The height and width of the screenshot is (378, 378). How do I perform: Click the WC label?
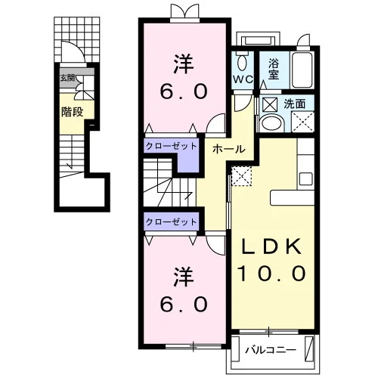coord(243,79)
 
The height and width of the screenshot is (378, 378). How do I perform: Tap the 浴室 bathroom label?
coord(274,69)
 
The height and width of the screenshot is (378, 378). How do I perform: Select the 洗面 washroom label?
coord(295,104)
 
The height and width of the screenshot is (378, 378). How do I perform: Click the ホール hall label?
coord(229,149)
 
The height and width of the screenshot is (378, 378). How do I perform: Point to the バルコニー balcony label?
coord(271,350)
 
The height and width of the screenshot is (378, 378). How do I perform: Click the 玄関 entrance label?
coord(67,78)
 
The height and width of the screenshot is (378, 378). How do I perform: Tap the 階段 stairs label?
coord(73,112)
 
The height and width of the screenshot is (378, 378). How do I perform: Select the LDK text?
coord(272,246)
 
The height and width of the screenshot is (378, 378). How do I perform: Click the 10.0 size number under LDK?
coord(272,274)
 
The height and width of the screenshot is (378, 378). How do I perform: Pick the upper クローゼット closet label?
coord(172,146)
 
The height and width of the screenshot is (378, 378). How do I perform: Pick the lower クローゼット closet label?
coord(172,222)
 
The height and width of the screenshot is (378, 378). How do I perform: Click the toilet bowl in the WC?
coord(243,61)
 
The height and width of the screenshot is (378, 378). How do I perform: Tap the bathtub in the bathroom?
coord(302,70)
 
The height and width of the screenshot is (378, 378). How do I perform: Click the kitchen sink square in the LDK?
coord(306,179)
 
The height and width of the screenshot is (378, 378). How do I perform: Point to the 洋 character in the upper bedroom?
coord(184,64)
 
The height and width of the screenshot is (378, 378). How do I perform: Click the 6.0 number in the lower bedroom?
coord(184,304)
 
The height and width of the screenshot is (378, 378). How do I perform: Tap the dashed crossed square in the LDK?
coord(241,176)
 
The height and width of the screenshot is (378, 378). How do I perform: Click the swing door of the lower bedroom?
coord(215,246)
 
